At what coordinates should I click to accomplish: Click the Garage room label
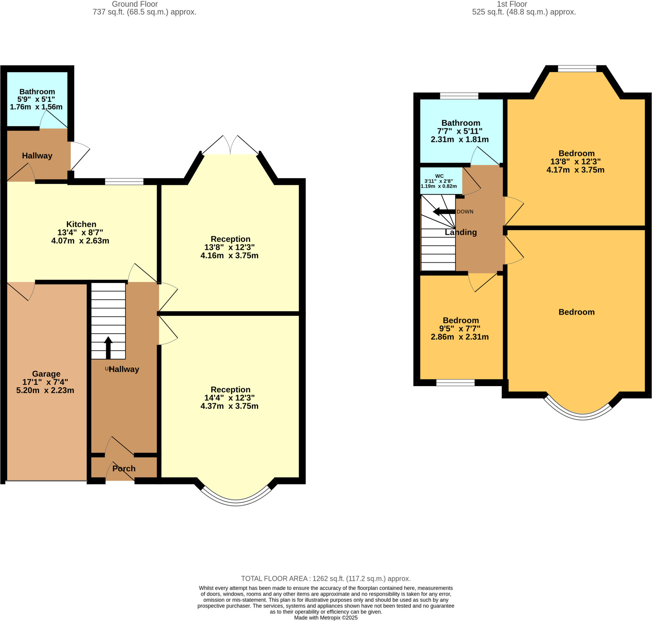(x=46, y=374)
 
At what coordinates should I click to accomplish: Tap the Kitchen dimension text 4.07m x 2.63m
(x=80, y=241)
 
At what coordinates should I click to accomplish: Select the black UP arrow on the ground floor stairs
(x=108, y=347)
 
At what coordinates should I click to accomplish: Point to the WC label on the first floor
(x=439, y=176)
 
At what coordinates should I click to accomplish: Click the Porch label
(x=124, y=468)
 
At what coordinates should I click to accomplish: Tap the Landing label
(x=460, y=232)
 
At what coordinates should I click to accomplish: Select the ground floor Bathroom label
(x=37, y=92)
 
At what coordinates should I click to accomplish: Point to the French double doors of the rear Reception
(x=230, y=146)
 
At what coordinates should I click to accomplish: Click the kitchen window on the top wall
(x=124, y=181)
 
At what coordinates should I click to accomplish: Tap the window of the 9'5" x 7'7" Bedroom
(x=455, y=383)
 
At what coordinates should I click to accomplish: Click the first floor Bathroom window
(x=459, y=96)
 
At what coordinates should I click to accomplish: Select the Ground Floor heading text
(x=135, y=4)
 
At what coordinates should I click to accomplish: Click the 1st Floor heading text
(x=511, y=4)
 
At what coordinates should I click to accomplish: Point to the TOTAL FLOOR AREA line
(x=326, y=579)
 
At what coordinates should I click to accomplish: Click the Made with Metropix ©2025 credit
(x=326, y=618)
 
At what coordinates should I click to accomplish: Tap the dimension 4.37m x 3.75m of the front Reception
(x=229, y=406)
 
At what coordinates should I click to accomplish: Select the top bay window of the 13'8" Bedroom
(x=577, y=69)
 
